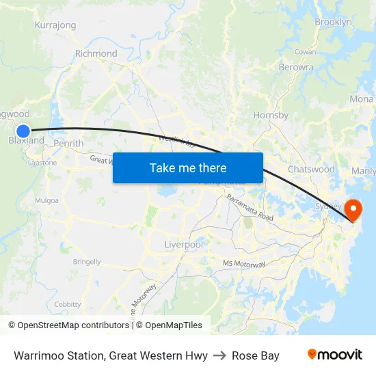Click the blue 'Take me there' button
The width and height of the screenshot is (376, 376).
click(188, 167)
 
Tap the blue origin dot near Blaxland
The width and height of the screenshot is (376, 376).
click(23, 130)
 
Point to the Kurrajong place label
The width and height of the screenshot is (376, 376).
click(55, 25)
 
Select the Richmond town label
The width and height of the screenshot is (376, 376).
click(96, 53)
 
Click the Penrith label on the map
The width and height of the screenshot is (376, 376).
click(68, 144)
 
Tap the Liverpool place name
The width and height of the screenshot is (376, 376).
click(183, 244)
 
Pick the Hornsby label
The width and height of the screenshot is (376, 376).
click(271, 116)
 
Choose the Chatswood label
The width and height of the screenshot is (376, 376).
click(311, 169)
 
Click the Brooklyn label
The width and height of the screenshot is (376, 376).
click(333, 23)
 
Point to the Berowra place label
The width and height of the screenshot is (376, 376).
click(296, 67)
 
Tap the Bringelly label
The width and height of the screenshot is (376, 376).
click(87, 262)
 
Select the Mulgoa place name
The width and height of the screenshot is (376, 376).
click(47, 201)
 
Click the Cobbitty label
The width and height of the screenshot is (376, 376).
click(68, 304)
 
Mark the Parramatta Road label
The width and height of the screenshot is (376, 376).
click(250, 207)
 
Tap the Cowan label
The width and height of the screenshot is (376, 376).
click(305, 52)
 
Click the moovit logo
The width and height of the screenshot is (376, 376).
click(334, 355)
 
